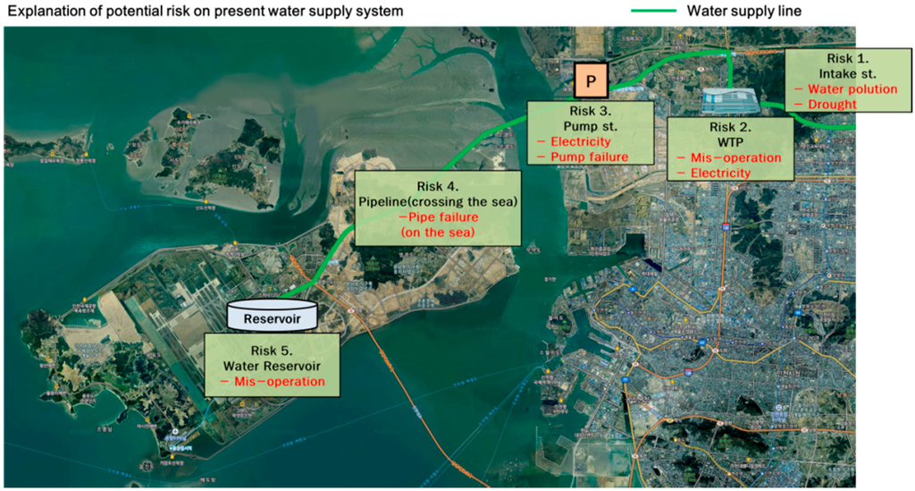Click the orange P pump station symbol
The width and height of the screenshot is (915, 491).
click(589, 80)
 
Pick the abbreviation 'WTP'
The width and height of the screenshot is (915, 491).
click(732, 141)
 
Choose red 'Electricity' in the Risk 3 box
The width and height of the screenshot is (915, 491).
click(580, 141)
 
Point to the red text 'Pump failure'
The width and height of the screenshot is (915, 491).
click(587, 157)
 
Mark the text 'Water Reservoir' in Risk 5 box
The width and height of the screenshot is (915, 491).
click(273, 366)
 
